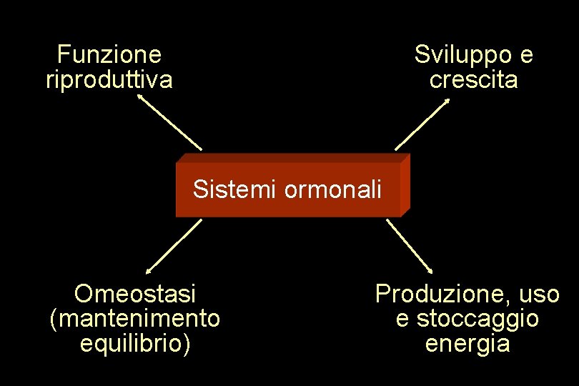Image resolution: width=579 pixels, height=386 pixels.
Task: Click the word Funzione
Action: coord(109,54)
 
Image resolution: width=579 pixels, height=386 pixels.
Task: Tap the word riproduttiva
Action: coord(109,79)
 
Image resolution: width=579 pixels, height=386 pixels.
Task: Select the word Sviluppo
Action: coord(463,54)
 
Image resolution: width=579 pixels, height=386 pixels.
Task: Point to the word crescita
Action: coord(474,79)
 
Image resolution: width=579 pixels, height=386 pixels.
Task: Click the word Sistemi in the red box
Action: coord(235,190)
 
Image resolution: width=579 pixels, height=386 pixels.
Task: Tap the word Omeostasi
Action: coord(135,293)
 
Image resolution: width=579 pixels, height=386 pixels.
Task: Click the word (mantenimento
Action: coord(135,318)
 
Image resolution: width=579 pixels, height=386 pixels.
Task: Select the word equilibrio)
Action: coord(135,344)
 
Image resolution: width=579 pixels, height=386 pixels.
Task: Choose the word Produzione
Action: coord(437,293)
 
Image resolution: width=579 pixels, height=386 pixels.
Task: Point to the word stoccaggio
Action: coord(477,318)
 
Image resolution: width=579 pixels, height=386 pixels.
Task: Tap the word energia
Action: coord(467,344)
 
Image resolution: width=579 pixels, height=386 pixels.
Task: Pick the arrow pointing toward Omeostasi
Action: coord(174,247)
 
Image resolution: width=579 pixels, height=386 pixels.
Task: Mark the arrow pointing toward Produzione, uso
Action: coord(410,246)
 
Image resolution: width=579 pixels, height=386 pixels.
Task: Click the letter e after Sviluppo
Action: coord(526,54)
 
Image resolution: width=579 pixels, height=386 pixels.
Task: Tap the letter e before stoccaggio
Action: coord(402,319)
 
